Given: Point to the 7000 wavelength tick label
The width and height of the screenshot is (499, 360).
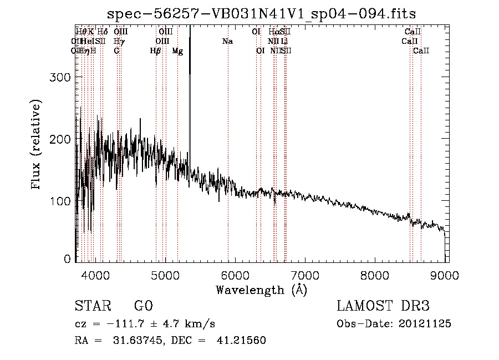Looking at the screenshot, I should pos(305,274).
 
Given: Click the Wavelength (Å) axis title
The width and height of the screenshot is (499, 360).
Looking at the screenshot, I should pos(261,289).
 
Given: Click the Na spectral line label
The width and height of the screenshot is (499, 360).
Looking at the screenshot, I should pos(227,42).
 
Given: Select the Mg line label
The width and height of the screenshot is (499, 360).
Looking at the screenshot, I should pos(177,51).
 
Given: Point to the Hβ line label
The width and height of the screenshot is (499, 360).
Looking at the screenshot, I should pos(156,51).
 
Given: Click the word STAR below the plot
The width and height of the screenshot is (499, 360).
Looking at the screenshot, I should pos(92,306).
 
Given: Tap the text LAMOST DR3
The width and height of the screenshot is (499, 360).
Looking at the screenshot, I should pos(383,306).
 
